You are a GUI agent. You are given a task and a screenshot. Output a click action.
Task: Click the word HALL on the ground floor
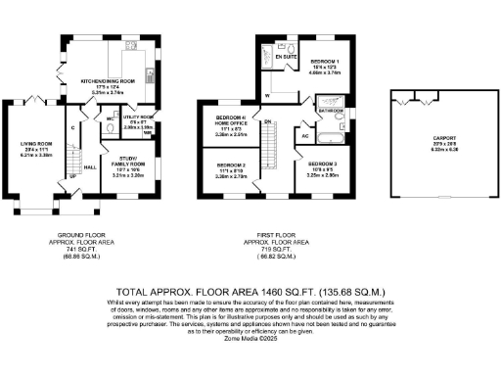click(x=89, y=166)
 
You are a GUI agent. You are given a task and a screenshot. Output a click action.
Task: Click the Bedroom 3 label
click(x=323, y=167)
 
